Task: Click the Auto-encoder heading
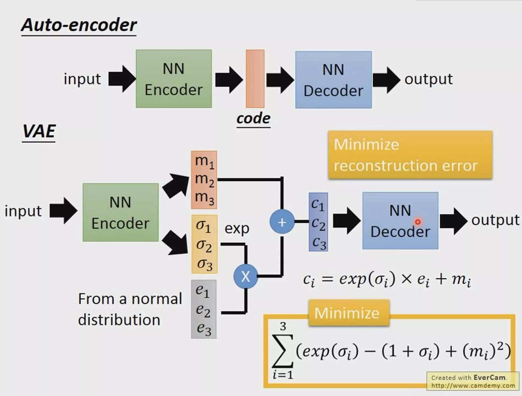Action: tap(79, 25)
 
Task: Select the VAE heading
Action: tap(39, 131)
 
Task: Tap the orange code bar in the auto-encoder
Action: tap(255, 79)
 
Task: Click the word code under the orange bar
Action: tap(253, 119)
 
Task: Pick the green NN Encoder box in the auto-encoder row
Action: tap(174, 79)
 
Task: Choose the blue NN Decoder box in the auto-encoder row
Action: tap(333, 80)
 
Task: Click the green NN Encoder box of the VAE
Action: tap(121, 212)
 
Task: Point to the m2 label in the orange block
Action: tap(204, 179)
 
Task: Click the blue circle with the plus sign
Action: tap(282, 222)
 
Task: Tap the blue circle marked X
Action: tap(245, 276)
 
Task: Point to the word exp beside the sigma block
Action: tap(237, 228)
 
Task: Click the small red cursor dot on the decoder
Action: tap(418, 222)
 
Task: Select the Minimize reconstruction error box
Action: tap(410, 155)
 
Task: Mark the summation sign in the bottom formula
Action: tap(282, 351)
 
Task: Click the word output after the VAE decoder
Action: tap(495, 220)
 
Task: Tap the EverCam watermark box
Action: tap(473, 381)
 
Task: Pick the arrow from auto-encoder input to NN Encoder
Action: tap(121, 79)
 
